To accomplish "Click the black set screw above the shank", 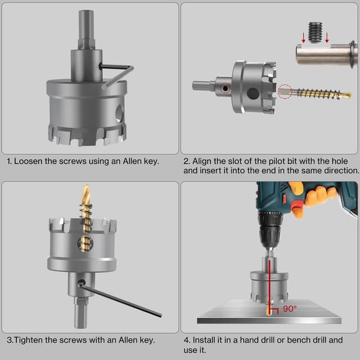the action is [315, 33].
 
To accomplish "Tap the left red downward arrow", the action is [304, 38].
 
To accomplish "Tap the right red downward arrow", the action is [327, 38].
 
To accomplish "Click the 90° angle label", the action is [290, 309].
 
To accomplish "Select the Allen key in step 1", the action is [117, 75].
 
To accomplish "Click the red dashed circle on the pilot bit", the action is [285, 91].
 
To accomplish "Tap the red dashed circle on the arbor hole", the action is [225, 88].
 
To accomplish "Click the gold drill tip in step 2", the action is [345, 94].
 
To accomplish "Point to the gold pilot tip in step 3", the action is [86, 193].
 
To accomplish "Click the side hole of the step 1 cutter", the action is [119, 113].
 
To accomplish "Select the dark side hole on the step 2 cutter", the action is [253, 93].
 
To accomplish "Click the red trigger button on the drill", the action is [296, 205].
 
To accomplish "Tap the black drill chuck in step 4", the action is [270, 229].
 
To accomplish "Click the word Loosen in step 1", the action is [29, 161].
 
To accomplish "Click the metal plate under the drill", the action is [269, 312].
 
